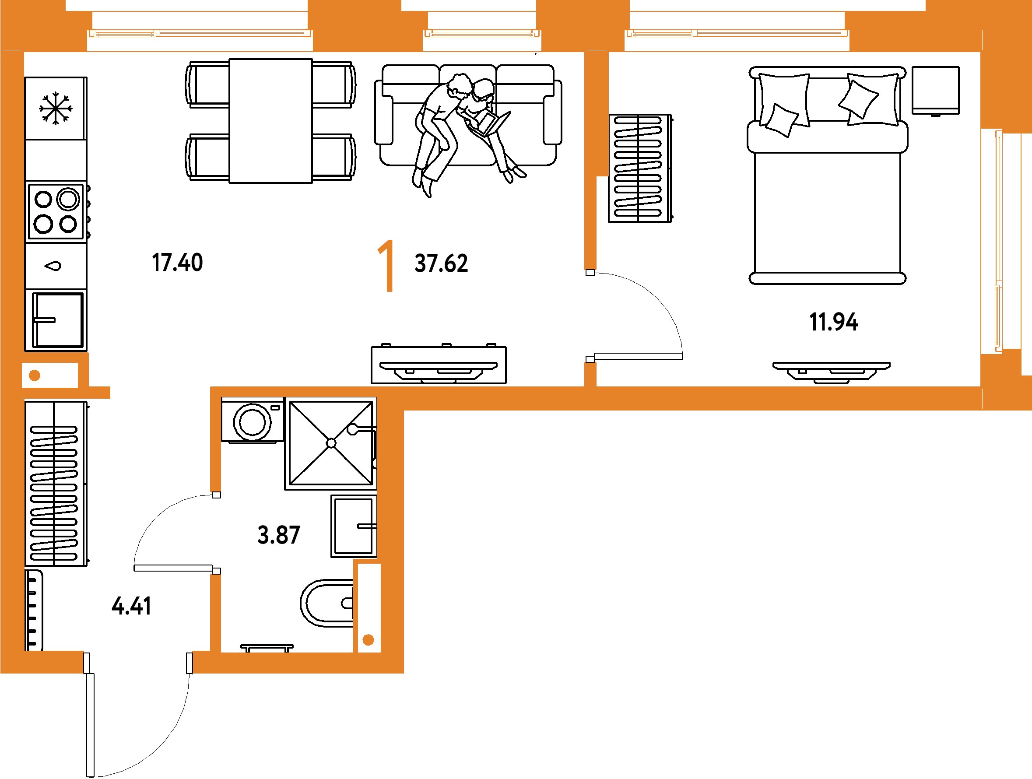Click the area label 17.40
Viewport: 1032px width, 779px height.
(x=177, y=263)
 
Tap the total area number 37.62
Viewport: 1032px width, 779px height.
(x=441, y=263)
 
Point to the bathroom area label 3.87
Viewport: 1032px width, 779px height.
(x=278, y=535)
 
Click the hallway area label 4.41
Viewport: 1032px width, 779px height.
(x=132, y=607)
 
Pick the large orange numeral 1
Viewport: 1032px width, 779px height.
(x=387, y=266)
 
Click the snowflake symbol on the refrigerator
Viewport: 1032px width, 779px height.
(x=56, y=108)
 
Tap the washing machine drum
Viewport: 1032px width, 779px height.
(x=253, y=422)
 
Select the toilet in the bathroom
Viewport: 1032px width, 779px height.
(x=327, y=604)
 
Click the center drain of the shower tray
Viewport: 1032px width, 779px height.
(x=331, y=443)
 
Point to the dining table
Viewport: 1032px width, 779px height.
(x=270, y=121)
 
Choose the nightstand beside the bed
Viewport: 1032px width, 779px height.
(x=936, y=91)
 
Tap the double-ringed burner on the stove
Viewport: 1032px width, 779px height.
(x=68, y=199)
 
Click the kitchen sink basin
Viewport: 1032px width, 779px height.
(x=57, y=320)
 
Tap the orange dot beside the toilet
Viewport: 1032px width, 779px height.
(x=368, y=640)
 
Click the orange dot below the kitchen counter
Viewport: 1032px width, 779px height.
(x=35, y=375)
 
